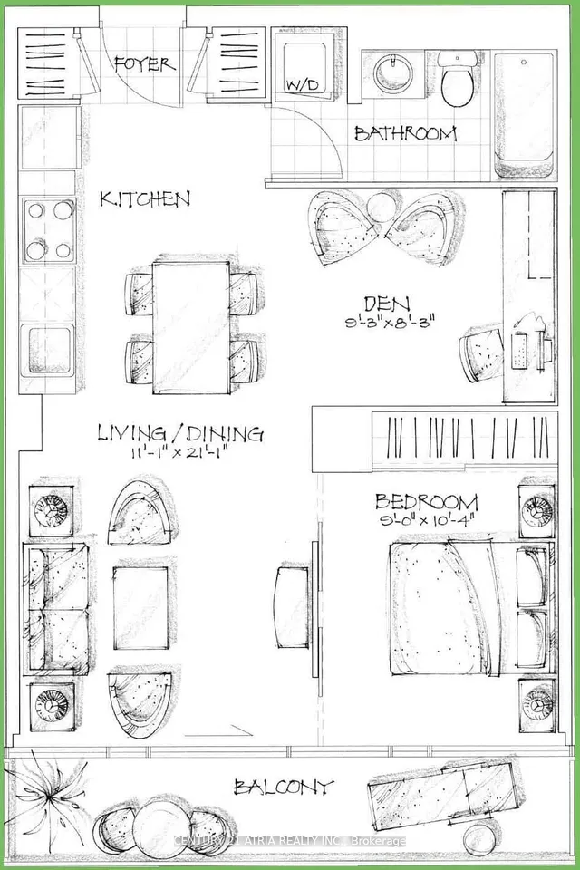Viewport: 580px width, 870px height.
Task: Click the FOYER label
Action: [145, 64]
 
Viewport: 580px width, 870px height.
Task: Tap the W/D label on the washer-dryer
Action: [303, 85]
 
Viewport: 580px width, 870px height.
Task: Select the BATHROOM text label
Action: [405, 134]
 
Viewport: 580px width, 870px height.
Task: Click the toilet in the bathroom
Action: [458, 78]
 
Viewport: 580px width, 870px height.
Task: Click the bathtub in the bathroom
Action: [525, 115]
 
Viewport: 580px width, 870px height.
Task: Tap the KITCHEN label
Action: [145, 198]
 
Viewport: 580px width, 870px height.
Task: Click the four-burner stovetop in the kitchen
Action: [49, 229]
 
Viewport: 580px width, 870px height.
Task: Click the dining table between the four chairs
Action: [191, 328]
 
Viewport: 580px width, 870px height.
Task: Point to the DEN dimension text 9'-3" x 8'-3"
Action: [389, 323]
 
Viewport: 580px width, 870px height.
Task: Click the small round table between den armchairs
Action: [383, 208]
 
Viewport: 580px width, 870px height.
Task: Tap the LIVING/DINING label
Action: [180, 433]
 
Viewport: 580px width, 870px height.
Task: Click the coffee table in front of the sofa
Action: [141, 607]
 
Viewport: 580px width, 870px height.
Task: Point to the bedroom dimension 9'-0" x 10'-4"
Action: [426, 522]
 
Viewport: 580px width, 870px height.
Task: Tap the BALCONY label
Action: [284, 787]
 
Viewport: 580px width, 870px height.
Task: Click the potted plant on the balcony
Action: [49, 795]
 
